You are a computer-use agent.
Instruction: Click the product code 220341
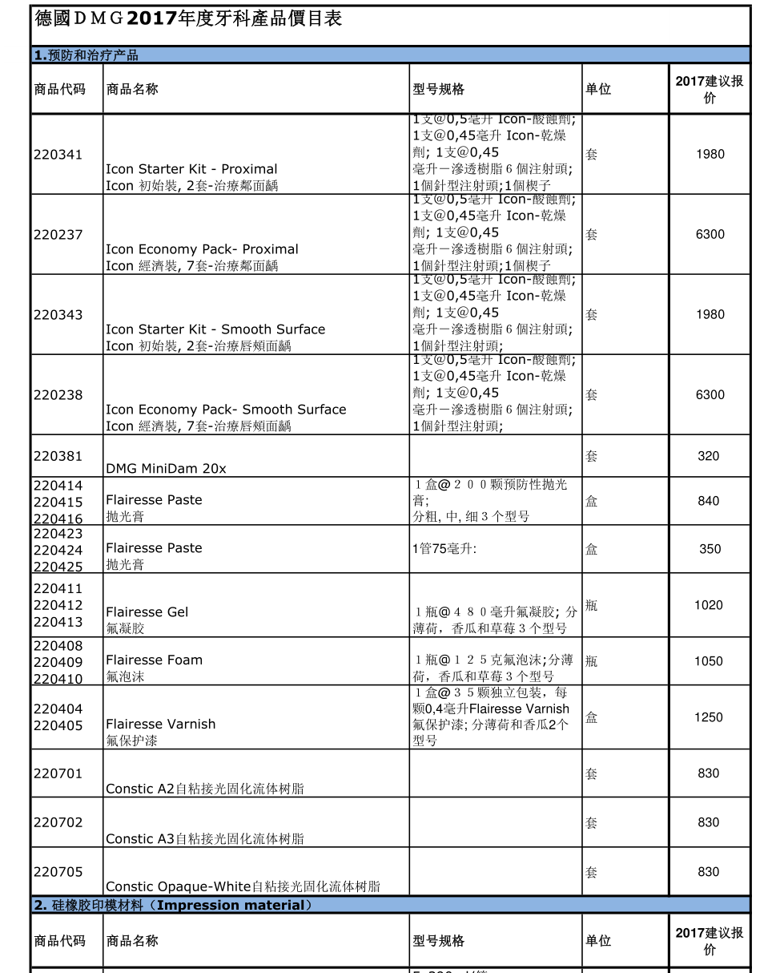[x=58, y=155]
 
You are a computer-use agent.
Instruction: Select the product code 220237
[x=58, y=235]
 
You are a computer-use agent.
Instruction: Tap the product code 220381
[x=58, y=456]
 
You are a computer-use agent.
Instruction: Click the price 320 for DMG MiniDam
[x=709, y=456]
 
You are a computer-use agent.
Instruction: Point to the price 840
[x=709, y=501]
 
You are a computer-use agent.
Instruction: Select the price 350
[x=710, y=549]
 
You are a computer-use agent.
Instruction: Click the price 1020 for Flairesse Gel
[x=709, y=605]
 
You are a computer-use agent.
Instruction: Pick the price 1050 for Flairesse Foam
[x=709, y=661]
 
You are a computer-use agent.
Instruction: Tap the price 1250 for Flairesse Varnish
[x=709, y=717]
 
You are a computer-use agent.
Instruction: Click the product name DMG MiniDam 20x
[x=166, y=469]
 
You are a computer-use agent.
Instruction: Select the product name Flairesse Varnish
[x=160, y=725]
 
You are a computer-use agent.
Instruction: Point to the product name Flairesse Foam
[x=154, y=660]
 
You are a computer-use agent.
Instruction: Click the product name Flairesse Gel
[x=147, y=612]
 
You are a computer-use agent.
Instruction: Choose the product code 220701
[x=58, y=773]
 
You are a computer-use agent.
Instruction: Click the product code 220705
[x=58, y=872]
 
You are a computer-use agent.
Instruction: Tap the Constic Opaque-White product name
[x=243, y=886]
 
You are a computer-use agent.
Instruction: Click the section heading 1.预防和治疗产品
[x=86, y=55]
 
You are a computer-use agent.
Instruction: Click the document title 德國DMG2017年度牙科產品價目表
[x=188, y=18]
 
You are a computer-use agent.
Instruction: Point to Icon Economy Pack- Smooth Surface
[x=226, y=410]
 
